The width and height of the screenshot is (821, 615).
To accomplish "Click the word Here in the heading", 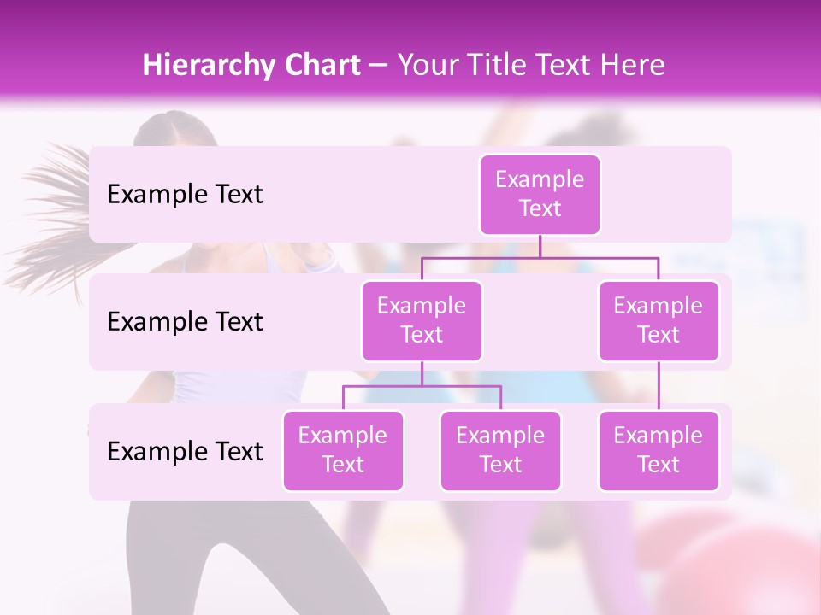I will click(631, 66).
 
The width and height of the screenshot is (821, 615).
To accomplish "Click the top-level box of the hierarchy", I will click(540, 195).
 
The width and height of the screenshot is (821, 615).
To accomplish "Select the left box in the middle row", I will click(422, 320).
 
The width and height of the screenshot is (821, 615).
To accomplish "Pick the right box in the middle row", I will click(659, 320).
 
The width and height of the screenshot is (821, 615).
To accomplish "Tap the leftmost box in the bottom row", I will click(343, 450).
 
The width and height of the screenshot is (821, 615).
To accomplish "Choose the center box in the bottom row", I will click(500, 450).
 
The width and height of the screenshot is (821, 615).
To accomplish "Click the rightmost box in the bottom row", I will click(659, 450).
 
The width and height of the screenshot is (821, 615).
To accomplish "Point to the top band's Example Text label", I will click(185, 195).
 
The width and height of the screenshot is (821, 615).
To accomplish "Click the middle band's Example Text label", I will click(185, 321).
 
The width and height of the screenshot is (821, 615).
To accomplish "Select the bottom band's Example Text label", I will click(185, 451).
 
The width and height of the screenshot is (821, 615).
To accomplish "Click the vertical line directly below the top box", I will click(540, 246).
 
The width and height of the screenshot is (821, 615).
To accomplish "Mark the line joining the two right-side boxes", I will click(659, 386).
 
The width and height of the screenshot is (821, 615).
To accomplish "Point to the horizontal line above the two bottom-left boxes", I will click(422, 386).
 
